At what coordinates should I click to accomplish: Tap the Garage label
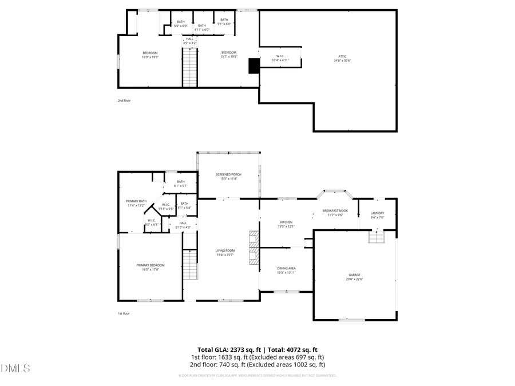pyautogui.click(x=355, y=277)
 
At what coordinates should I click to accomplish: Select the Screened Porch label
pyautogui.click(x=228, y=176)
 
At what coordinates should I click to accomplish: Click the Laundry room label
pyautogui.click(x=377, y=215)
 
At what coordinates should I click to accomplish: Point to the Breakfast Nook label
pyautogui.click(x=335, y=213)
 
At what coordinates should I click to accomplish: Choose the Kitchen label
pyautogui.click(x=286, y=224)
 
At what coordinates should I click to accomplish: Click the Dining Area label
pyautogui.click(x=286, y=270)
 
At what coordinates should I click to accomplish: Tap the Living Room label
pyautogui.click(x=225, y=252)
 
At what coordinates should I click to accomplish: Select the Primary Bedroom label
pyautogui.click(x=150, y=266)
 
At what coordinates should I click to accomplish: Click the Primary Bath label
pyautogui.click(x=137, y=203)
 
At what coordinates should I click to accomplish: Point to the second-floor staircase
pyautogui.click(x=189, y=67)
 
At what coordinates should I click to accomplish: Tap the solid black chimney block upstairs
pyautogui.click(x=253, y=66)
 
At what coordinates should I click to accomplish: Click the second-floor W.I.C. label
pyautogui.click(x=280, y=58)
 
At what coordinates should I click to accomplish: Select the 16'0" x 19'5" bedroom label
pyautogui.click(x=150, y=54)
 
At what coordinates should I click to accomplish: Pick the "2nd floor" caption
pyautogui.click(x=124, y=101)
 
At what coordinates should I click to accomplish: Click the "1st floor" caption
pyautogui.click(x=124, y=313)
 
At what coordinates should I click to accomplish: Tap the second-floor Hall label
pyautogui.click(x=189, y=41)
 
